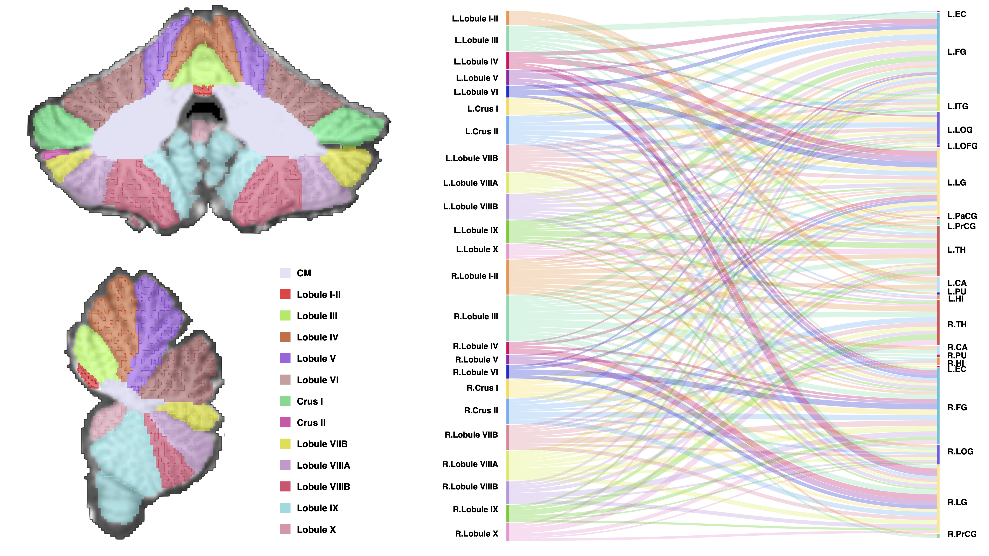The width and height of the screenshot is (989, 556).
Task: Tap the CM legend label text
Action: click(x=304, y=273)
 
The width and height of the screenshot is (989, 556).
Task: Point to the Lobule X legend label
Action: click(x=316, y=529)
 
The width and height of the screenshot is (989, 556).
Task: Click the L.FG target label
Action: click(x=956, y=52)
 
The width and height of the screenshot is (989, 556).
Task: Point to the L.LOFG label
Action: click(x=962, y=146)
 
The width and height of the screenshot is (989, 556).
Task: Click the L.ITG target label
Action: click(x=957, y=106)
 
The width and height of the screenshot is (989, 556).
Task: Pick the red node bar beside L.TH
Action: click(x=938, y=251)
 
